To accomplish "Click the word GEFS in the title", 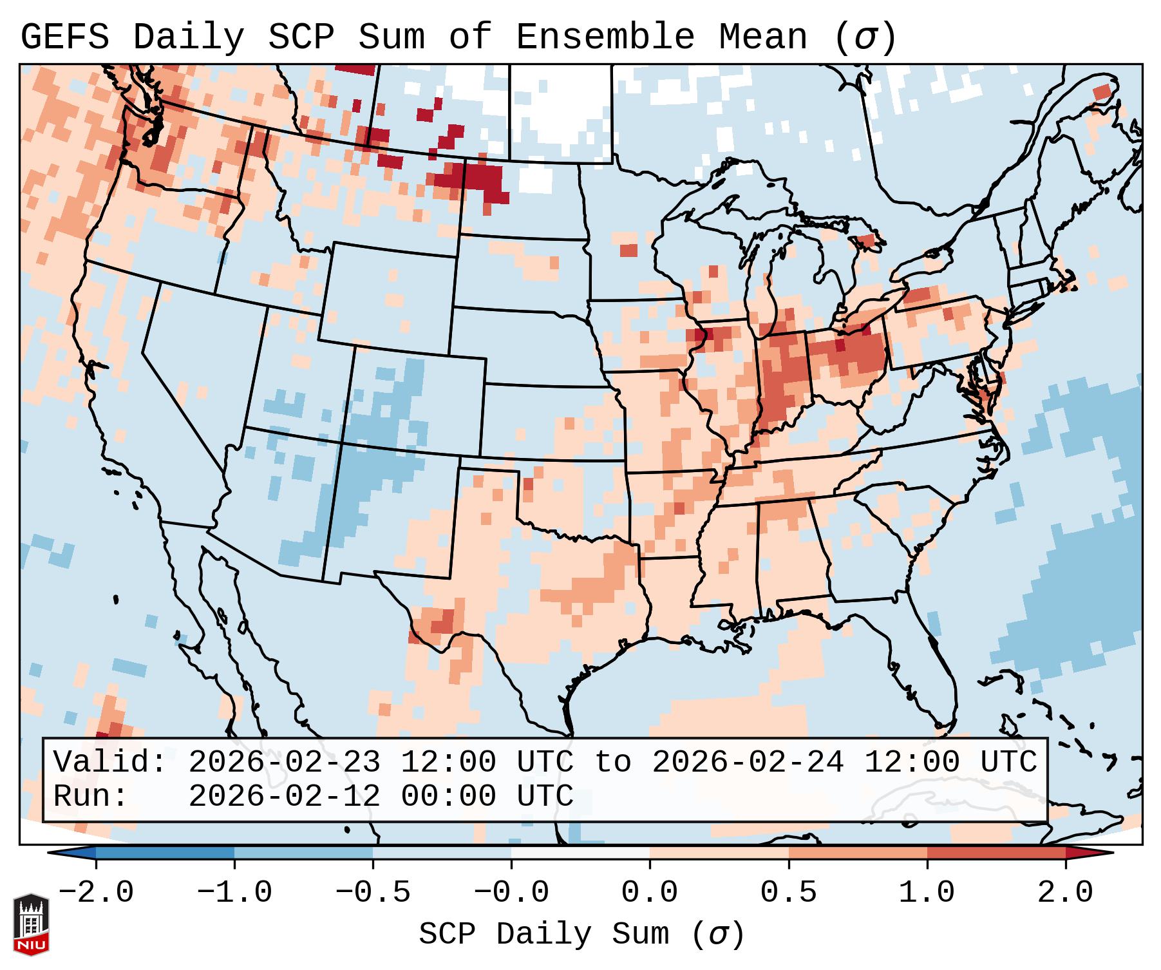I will [x=64, y=37].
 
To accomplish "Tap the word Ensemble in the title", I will [x=605, y=37].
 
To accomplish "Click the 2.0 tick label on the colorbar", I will [x=1065, y=893].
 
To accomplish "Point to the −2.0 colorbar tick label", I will [x=95, y=893].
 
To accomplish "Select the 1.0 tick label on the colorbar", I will [x=927, y=893].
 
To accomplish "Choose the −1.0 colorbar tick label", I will [x=234, y=893].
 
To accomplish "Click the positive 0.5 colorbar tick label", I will [x=788, y=893].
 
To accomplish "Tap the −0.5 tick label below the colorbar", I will [x=372, y=893].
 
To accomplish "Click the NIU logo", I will [x=31, y=924].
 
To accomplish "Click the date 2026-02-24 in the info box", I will [x=748, y=763].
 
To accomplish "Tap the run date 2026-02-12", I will [x=284, y=796].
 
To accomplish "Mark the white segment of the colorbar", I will [x=580, y=852].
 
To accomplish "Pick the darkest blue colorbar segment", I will [x=165, y=852].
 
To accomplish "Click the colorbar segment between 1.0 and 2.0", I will [x=996, y=852].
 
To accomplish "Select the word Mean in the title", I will [x=762, y=37].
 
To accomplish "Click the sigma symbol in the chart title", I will [x=865, y=37].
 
